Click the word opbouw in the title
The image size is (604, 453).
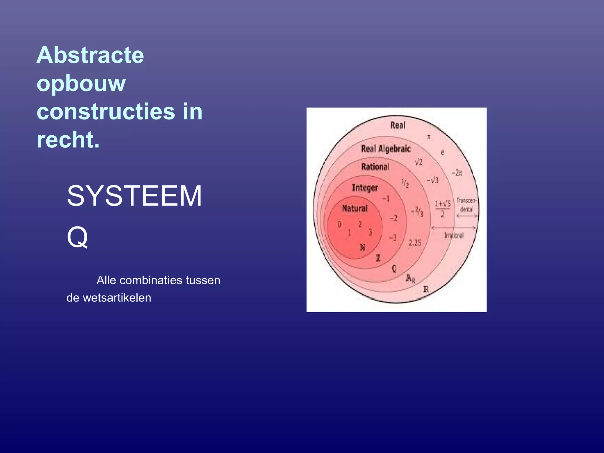click(81, 83)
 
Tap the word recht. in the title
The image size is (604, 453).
click(68, 140)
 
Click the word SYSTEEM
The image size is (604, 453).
click(134, 196)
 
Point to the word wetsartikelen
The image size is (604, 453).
click(117, 298)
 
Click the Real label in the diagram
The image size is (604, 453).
click(398, 125)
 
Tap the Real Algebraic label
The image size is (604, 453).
click(385, 149)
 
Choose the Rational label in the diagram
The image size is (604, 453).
click(375, 167)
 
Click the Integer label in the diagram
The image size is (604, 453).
click(365, 188)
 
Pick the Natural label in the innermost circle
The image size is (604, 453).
click(354, 209)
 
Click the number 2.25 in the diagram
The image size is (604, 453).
click(415, 243)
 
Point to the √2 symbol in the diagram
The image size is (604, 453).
click(418, 162)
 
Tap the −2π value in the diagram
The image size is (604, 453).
click(457, 173)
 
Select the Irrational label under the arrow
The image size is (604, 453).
click(454, 235)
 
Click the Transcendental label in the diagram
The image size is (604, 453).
click(467, 205)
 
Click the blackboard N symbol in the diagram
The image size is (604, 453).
click(362, 247)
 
